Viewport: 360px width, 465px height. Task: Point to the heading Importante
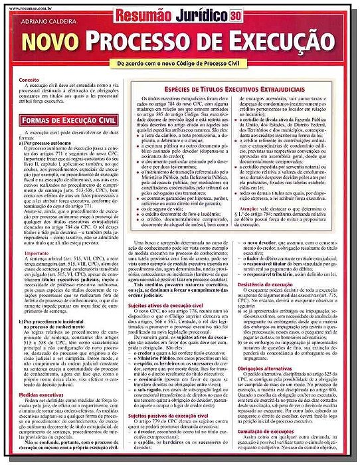click(x=37, y=253)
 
